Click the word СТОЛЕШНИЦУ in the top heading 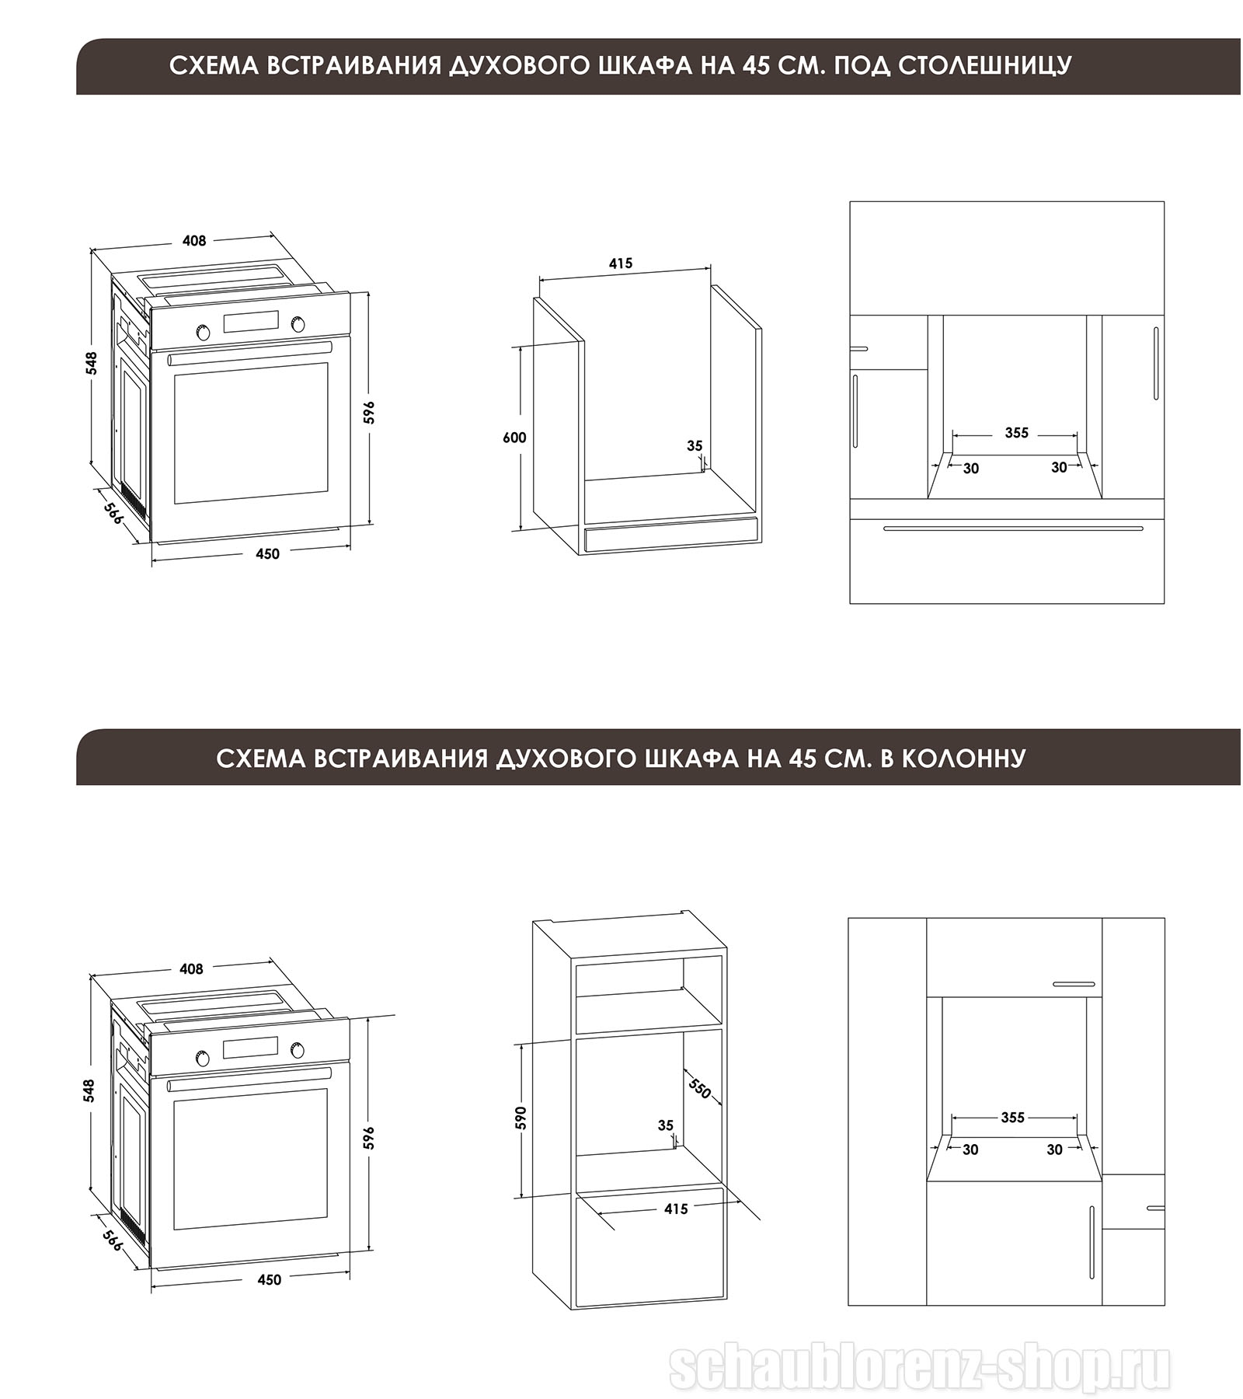(x=984, y=65)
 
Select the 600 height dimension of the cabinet (x=514, y=438)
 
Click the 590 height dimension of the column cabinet (x=521, y=1117)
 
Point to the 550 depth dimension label (x=699, y=1088)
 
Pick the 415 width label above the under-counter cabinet (x=620, y=263)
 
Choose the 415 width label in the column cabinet (x=676, y=1209)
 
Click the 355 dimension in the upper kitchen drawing (x=1016, y=433)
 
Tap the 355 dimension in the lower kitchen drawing (x=1012, y=1117)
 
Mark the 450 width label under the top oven (x=267, y=553)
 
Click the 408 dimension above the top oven (x=194, y=241)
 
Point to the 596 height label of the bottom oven (x=369, y=1138)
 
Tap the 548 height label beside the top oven (x=92, y=363)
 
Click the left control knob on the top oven (x=204, y=332)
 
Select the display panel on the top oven (x=251, y=322)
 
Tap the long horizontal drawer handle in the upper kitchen (x=1013, y=529)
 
